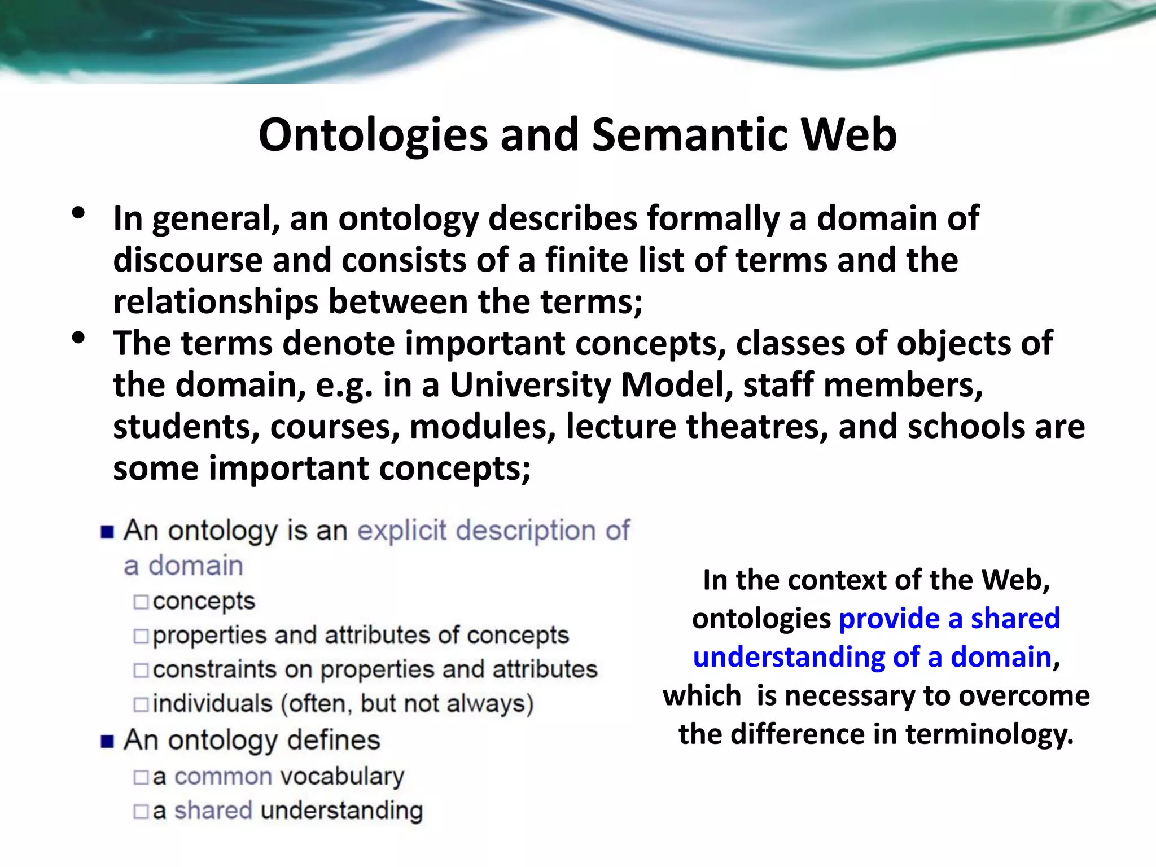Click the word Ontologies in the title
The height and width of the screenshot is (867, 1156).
(x=373, y=135)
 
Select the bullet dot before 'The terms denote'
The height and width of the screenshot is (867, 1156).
(x=78, y=338)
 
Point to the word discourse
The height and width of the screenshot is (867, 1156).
(x=187, y=260)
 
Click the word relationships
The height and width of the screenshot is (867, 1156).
(x=215, y=302)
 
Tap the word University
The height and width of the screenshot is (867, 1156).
(x=529, y=386)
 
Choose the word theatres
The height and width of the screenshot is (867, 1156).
(x=756, y=427)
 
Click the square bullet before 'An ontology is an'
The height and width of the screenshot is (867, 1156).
(x=107, y=532)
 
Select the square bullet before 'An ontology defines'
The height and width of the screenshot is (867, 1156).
(x=107, y=741)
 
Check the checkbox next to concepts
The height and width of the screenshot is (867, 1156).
(x=141, y=602)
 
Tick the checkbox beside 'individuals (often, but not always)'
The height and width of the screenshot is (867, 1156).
(x=141, y=704)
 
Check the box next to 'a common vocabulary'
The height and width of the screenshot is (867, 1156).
(x=141, y=778)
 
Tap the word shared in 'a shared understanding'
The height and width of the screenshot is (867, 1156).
(x=213, y=811)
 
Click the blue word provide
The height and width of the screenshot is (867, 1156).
(x=888, y=619)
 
